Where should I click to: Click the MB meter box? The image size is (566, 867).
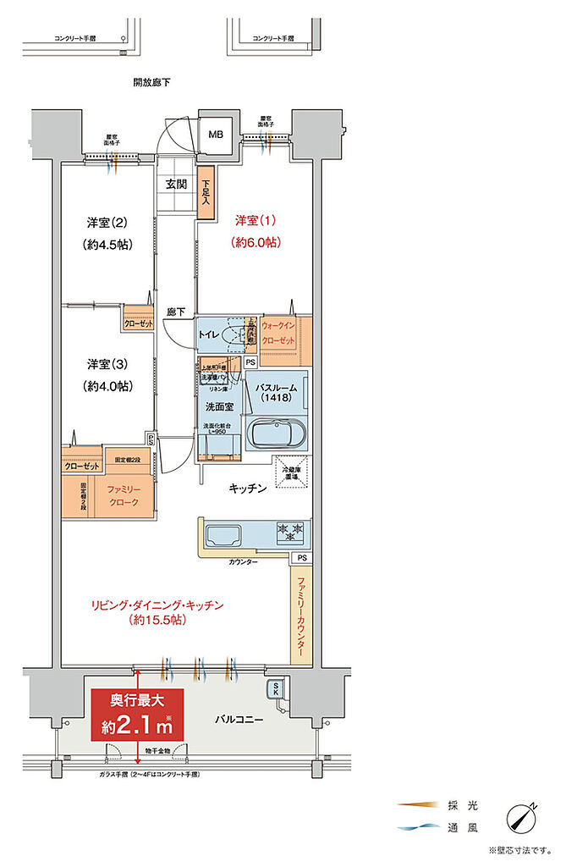click(x=216, y=133)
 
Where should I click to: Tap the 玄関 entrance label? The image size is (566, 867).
click(x=176, y=184)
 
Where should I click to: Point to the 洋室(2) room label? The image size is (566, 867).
click(x=107, y=224)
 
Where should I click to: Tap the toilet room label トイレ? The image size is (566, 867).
click(x=209, y=335)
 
